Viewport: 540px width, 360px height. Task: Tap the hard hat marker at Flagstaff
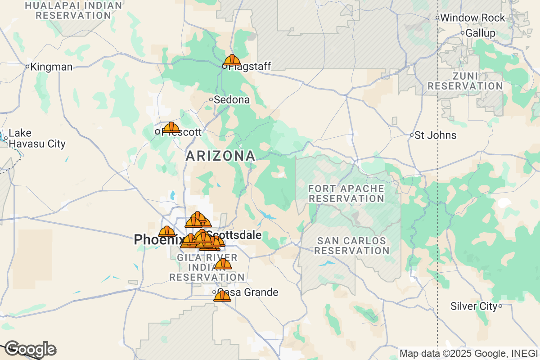232,60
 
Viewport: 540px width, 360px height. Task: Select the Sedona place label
231,99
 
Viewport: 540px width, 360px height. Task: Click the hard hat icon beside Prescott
171,128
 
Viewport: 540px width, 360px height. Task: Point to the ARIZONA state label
220,156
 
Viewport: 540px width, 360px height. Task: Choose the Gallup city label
480,33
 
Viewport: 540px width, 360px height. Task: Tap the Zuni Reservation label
465,81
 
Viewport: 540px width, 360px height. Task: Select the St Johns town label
435,135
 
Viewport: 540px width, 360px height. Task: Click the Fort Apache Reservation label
346,193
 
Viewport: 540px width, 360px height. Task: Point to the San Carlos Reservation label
352,246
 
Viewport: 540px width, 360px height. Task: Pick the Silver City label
474,306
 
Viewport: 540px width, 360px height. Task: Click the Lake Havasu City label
37,139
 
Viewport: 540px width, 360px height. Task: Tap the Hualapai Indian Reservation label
73,10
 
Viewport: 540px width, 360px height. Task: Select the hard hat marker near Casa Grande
222,296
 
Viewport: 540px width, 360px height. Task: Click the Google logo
30,349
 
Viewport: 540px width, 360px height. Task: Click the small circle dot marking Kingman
27,67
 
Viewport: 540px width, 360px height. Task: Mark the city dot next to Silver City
500,306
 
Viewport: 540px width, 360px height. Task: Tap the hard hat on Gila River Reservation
223,264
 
